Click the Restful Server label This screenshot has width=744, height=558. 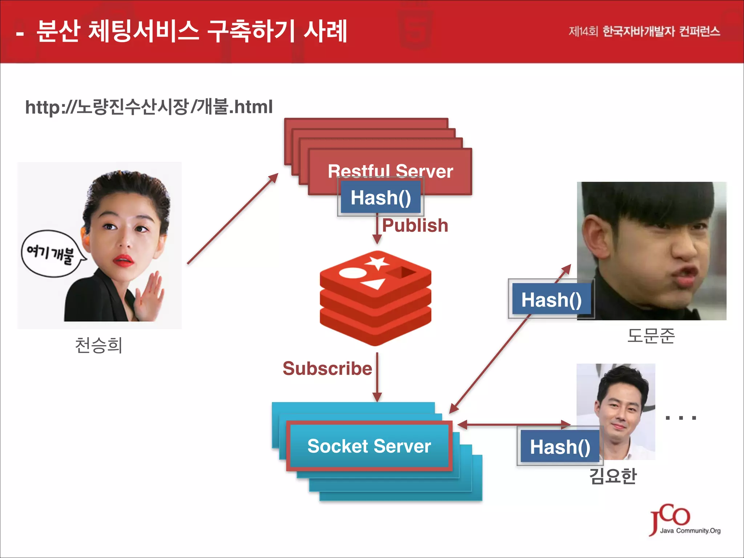pos(390,171)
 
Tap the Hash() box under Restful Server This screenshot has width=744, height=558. pos(381,198)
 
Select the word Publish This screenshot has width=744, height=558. pos(415,226)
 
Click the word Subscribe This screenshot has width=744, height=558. pos(327,369)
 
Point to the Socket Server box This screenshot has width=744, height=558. pos(369,446)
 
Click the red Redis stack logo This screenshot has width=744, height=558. pos(376,298)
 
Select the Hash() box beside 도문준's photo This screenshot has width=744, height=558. pos(551,300)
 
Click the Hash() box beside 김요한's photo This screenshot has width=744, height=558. pos(560,446)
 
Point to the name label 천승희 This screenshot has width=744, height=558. pos(98,345)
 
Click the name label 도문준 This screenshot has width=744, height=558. pos(651,336)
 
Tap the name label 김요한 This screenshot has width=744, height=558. pos(613,476)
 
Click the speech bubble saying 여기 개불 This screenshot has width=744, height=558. pos(51,253)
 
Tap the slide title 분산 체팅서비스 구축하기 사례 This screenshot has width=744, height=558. pos(192,31)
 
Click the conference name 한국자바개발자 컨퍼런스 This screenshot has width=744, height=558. pos(661,32)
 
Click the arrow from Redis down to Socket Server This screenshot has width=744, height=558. pos(377,378)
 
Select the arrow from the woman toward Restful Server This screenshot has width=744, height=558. pos(232,219)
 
